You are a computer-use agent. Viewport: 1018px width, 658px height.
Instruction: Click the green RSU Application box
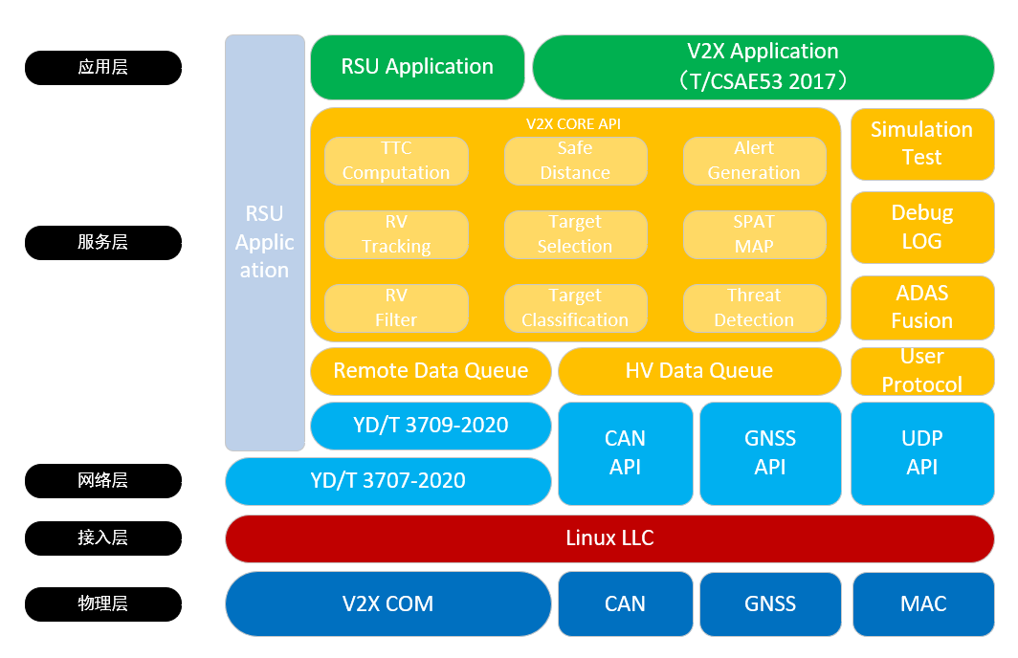417,67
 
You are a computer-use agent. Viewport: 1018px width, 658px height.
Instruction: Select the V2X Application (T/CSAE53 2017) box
763,67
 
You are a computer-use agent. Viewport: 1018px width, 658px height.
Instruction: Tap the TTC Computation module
396,161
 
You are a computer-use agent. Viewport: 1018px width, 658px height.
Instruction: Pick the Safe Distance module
575,161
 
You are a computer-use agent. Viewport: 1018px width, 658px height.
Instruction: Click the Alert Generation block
754,161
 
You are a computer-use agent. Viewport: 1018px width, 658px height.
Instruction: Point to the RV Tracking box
396,234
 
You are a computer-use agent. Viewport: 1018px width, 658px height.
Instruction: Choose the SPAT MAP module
754,234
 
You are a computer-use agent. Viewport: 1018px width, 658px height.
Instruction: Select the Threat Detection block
754,308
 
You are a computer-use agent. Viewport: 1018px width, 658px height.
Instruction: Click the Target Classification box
575,308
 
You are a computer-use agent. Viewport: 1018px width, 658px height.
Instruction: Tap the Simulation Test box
921,143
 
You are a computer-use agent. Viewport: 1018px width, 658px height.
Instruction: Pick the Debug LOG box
921,228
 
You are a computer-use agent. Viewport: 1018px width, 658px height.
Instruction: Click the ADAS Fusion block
921,307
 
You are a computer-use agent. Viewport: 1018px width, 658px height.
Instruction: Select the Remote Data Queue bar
431,371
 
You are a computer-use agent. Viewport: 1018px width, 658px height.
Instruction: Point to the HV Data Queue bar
698,371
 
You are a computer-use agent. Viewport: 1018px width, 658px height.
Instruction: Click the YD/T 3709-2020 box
431,426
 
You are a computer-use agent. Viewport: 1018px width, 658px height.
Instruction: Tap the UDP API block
921,453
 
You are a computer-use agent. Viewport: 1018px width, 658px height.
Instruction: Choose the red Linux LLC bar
609,538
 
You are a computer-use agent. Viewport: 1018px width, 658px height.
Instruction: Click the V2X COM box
387,604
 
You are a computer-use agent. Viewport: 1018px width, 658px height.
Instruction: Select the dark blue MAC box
923,604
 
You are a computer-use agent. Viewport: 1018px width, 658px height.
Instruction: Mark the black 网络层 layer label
102,481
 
